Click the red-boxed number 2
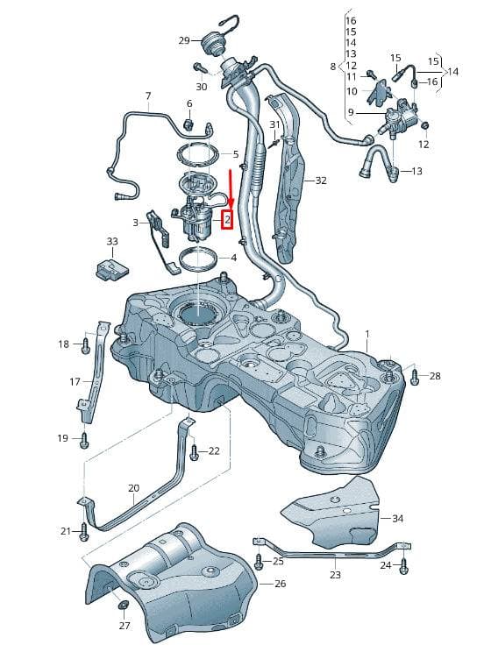coord(227,220)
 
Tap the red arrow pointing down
coord(230,189)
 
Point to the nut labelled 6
coord(189,124)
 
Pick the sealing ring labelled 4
coord(199,260)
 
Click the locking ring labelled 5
coord(198,154)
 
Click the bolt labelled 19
coord(84,440)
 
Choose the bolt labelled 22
coord(194,452)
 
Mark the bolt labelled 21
coord(84,532)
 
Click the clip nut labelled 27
coord(123,604)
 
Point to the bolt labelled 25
coord(260,563)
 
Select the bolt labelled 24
coord(403,566)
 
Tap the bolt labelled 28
coord(415,377)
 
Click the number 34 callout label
coord(397,518)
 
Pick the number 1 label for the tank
coord(367,334)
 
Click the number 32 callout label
coord(321,181)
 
